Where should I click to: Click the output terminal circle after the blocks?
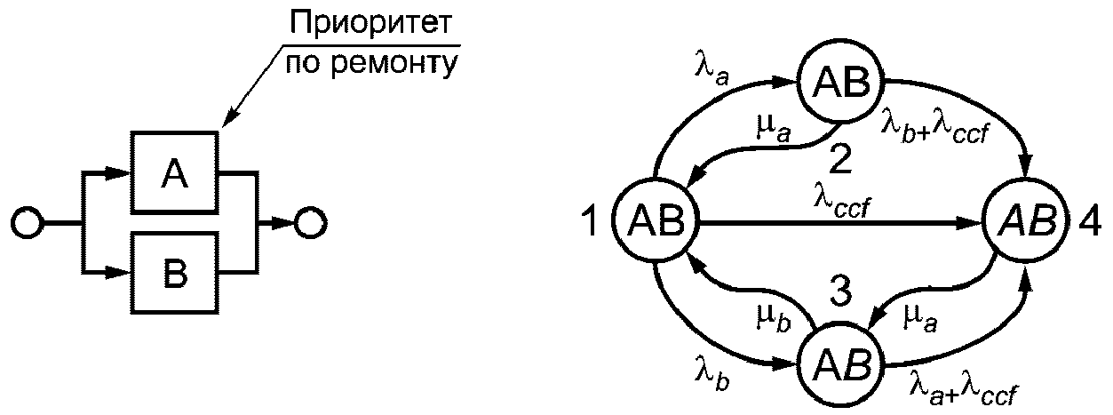[x=311, y=222]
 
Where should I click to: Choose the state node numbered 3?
[x=839, y=363]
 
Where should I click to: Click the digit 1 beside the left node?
[x=591, y=222]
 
